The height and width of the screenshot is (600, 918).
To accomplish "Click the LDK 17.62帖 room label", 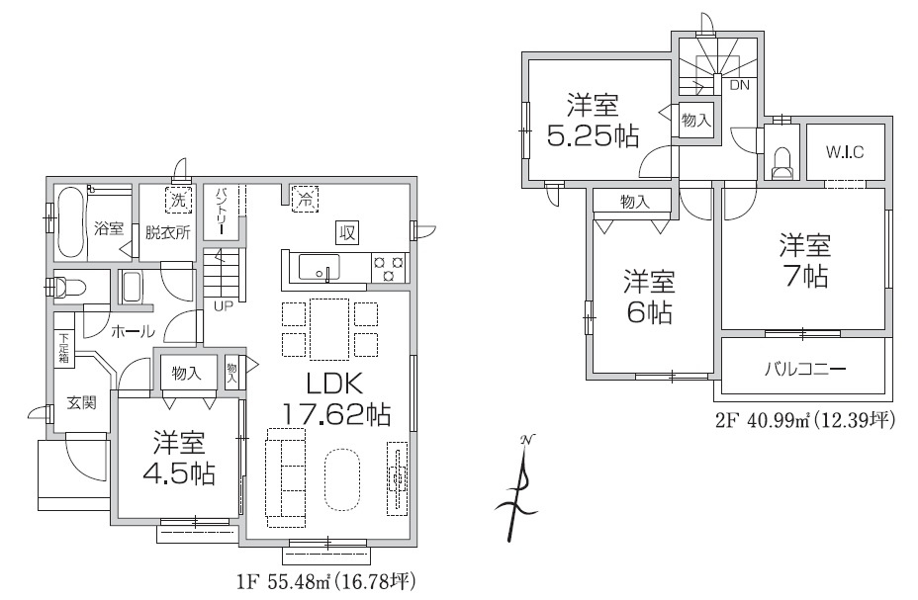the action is tap(336, 398).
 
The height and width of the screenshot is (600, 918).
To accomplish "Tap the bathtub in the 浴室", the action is tap(71, 222).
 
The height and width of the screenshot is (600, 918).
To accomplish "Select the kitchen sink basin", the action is tap(319, 267).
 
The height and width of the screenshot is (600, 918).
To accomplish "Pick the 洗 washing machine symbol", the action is tap(178, 199).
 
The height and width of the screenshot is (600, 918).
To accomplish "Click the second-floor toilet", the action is tap(781, 163).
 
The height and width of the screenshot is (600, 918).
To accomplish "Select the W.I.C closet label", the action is tap(845, 152).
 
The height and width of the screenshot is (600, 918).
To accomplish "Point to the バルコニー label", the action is tap(804, 369).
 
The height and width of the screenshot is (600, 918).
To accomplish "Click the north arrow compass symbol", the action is tap(517, 487).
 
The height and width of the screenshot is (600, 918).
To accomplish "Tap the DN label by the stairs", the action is tap(739, 85).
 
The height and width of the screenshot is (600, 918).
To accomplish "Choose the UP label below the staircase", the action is tap(223, 305).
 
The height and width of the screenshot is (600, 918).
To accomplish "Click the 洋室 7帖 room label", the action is tap(805, 260).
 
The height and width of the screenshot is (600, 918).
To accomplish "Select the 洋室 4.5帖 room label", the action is tap(179, 459).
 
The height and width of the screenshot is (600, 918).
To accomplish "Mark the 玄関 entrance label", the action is tap(81, 402).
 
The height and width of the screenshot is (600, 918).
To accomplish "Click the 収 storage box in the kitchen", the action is tap(347, 233).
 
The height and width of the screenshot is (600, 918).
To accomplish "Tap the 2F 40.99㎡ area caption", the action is tap(805, 421).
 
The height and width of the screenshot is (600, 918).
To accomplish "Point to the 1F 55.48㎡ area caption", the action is tap(326, 582).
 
